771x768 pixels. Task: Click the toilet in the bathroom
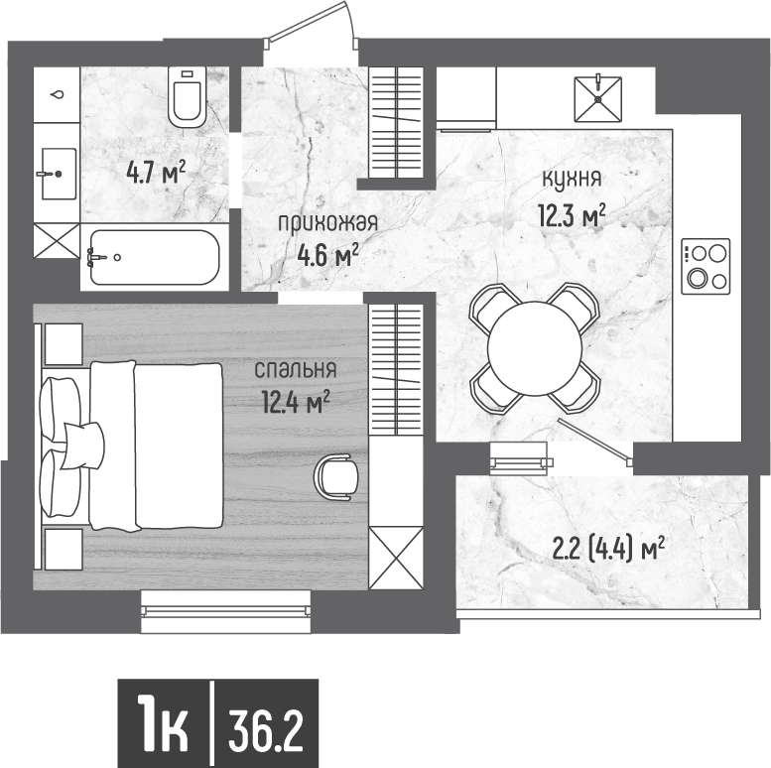point(188,96)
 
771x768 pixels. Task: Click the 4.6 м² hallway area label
point(327,256)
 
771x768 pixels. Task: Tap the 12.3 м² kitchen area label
point(573,214)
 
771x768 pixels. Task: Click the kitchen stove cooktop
point(706,266)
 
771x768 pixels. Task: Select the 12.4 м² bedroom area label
point(293,403)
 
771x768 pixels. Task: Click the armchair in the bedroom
point(337,475)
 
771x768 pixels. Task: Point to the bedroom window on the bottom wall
point(225,611)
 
